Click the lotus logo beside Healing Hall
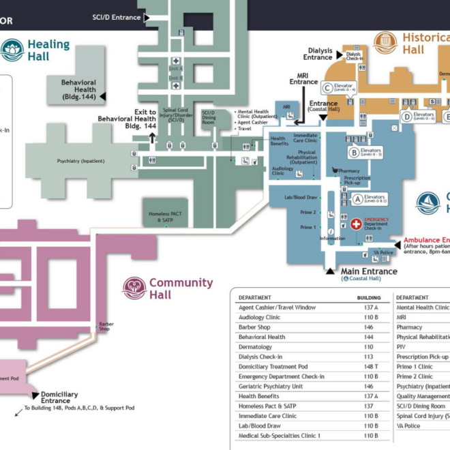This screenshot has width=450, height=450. pyautogui.click(x=12, y=49)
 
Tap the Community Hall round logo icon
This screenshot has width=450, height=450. pyautogui.click(x=134, y=288)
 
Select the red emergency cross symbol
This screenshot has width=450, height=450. pyautogui.click(x=356, y=224)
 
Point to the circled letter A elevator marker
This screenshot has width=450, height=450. pyautogui.click(x=357, y=199)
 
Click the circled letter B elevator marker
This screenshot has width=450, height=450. pyautogui.click(x=353, y=152)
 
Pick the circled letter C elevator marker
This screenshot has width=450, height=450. pyautogui.click(x=328, y=87)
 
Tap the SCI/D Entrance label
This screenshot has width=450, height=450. pyautogui.click(x=116, y=17)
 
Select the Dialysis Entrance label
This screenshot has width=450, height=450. pyautogui.click(x=318, y=54)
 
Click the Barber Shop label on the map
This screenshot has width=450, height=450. pyautogui.click(x=105, y=326)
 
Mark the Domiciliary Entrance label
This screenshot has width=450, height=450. pyautogui.click(x=59, y=397)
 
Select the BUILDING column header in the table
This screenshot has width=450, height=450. pyautogui.click(x=369, y=298)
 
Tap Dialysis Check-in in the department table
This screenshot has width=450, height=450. pyautogui.click(x=260, y=357)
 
